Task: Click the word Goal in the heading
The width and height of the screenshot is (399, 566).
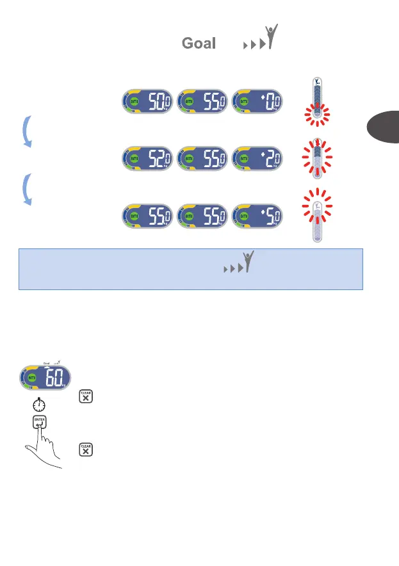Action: click(198, 44)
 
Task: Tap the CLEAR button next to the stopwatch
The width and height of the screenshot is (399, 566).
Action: click(86, 397)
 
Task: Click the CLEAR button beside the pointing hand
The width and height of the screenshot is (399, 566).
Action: click(86, 449)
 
